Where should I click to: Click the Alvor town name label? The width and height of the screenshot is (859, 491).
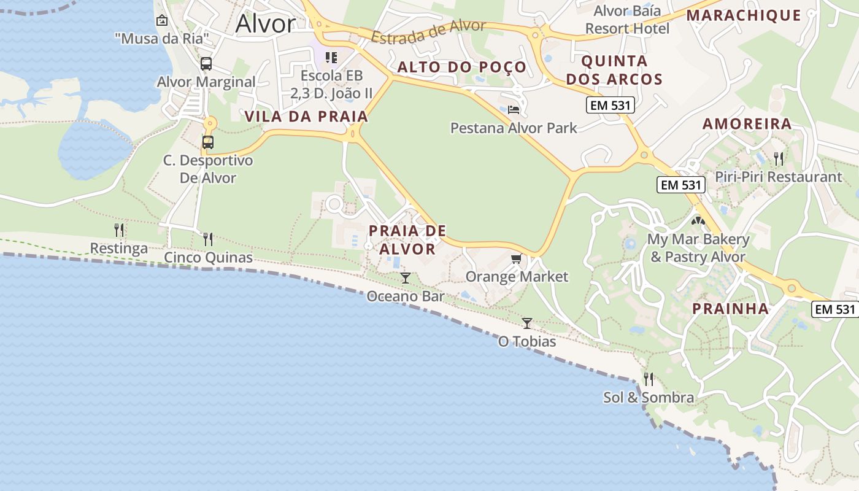265,23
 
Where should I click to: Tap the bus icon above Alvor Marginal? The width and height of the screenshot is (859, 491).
206,63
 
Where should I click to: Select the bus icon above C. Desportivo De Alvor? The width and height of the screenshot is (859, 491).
208,142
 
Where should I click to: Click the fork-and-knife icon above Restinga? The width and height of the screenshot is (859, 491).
119,230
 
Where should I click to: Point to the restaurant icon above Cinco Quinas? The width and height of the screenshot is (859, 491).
208,239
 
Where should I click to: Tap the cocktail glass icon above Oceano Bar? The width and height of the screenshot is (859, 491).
405,278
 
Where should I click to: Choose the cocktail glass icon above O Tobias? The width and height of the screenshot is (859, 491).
527,323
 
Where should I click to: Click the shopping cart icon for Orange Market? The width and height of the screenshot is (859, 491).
516,258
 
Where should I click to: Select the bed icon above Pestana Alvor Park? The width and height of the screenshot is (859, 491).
514,110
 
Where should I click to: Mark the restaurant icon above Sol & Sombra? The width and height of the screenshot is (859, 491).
649,379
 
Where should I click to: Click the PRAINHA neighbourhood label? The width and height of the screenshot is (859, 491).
730,308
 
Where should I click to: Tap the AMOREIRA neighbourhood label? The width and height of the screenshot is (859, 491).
747,124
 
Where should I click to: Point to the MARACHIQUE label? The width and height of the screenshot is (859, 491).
744,15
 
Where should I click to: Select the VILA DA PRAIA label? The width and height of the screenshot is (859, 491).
306,117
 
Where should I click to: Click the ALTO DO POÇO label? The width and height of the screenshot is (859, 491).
461,67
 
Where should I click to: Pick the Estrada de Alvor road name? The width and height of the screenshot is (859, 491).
428,33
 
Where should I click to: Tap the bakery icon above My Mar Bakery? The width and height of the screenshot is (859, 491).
698,220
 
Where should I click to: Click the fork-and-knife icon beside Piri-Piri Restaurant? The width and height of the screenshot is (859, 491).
778,158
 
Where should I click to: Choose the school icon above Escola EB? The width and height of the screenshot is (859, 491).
331,58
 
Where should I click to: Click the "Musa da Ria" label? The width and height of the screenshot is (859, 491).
162,39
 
